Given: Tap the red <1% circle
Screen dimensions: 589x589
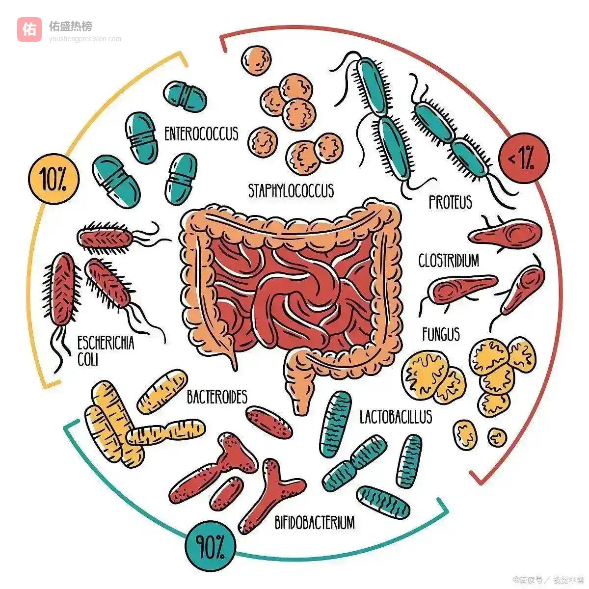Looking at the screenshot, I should tap(524, 158).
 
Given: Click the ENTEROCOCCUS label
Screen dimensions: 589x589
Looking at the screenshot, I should tap(201, 134).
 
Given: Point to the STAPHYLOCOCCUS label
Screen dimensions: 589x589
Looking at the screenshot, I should tap(291, 190).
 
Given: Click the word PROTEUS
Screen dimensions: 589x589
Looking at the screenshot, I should tap(450, 202).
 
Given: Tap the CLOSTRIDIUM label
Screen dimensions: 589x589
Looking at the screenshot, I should tap(449, 261).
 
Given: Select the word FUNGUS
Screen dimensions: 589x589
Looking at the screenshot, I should tap(441, 335).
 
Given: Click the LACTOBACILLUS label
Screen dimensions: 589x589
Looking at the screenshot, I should tap(396, 417).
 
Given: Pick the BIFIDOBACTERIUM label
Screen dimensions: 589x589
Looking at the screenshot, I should tap(314, 522).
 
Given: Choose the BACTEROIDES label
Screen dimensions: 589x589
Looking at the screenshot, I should tap(217, 397).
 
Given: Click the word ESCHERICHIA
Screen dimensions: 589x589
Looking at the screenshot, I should tap(106, 343).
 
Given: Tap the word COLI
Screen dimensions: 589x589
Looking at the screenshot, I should tap(88, 359).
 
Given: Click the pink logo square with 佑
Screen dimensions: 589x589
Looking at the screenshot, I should tap(29, 29).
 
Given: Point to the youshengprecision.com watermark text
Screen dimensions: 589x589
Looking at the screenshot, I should tap(84, 39).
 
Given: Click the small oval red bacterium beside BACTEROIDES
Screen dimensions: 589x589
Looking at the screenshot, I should tap(269, 422).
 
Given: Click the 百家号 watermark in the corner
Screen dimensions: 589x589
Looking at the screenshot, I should tap(530, 580).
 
